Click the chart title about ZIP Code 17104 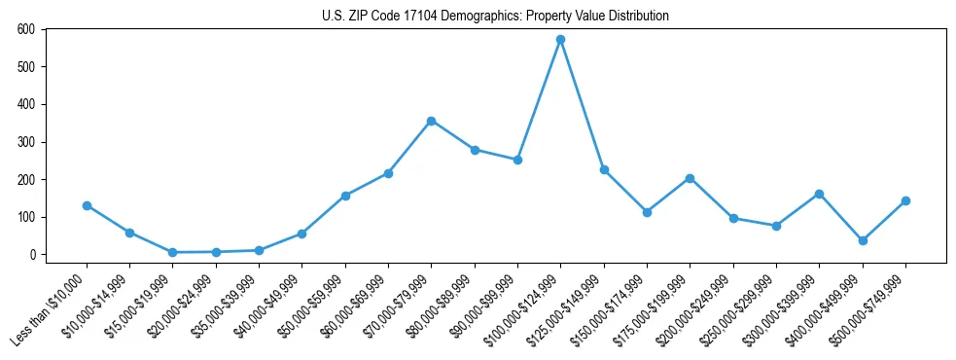click(x=495, y=16)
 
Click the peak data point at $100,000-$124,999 click(x=560, y=40)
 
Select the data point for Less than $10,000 click(x=87, y=205)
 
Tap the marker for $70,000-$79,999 click(x=431, y=121)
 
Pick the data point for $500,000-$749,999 click(x=905, y=200)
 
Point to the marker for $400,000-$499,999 click(x=863, y=240)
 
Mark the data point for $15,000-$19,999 click(x=172, y=252)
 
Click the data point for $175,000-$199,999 click(x=690, y=178)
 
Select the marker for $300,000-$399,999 click(x=819, y=194)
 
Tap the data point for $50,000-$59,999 click(x=345, y=196)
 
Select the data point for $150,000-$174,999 click(x=647, y=212)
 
